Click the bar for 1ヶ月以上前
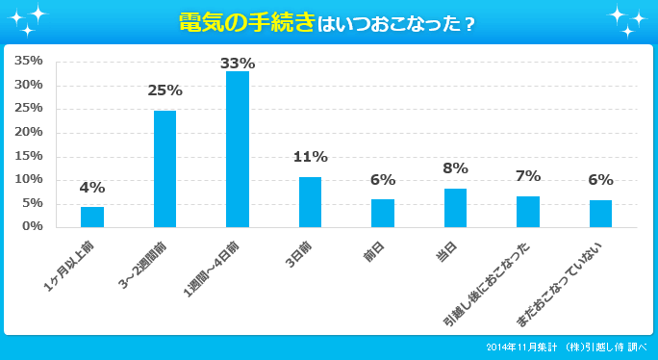click(x=92, y=217)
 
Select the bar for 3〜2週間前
click(x=164, y=168)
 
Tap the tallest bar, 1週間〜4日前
click(x=238, y=149)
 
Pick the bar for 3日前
click(x=310, y=202)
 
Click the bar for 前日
click(x=383, y=213)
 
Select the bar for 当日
click(x=455, y=208)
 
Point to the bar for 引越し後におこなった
click(x=528, y=212)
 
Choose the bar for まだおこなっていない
click(x=600, y=214)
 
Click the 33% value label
click(x=238, y=63)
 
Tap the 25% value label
click(x=164, y=90)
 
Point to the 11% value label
click(x=310, y=157)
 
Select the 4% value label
click(x=92, y=188)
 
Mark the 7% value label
click(x=528, y=176)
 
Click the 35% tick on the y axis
click(x=29, y=61)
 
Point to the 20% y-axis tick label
click(x=29, y=132)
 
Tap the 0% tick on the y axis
click(x=33, y=226)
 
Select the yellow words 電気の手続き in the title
click(x=247, y=21)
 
